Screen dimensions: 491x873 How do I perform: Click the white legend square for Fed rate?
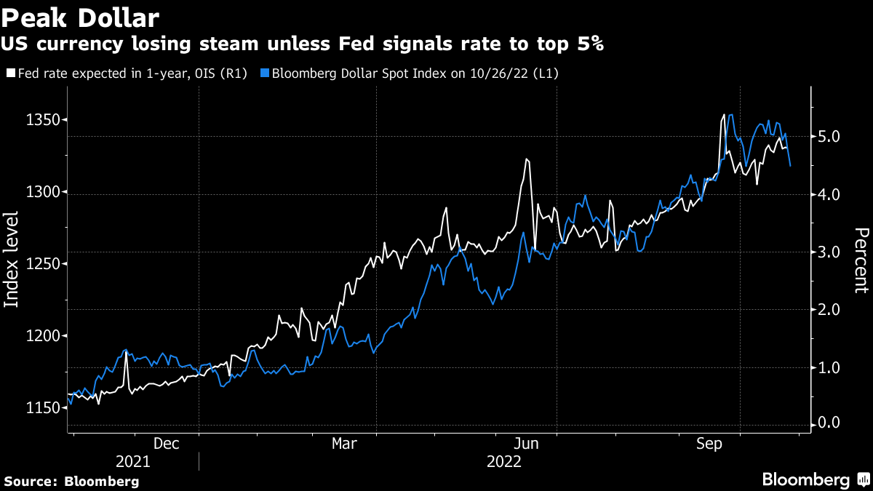click(10, 73)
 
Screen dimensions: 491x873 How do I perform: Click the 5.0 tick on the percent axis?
click(828, 137)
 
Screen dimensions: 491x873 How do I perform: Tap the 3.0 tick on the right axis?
click(828, 252)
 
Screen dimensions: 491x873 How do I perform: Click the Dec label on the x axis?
click(167, 443)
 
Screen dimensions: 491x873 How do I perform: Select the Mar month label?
click(344, 443)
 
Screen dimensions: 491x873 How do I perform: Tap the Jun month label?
click(525, 443)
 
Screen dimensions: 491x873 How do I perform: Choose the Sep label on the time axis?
click(709, 443)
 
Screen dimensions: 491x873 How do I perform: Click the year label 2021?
click(133, 462)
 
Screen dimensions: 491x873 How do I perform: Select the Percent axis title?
click(861, 260)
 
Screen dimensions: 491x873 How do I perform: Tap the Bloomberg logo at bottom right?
click(805, 480)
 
